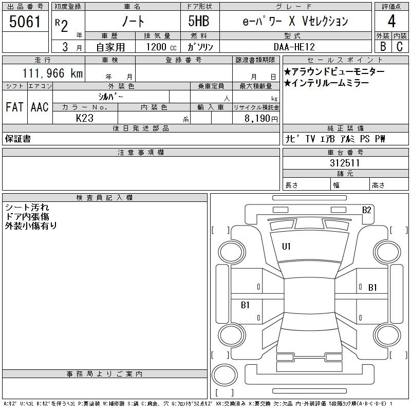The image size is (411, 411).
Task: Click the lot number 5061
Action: click(x=25, y=22)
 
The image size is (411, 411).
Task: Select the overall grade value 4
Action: click(x=391, y=21)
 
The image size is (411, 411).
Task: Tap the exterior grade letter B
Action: click(x=383, y=46)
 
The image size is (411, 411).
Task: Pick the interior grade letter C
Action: click(x=400, y=46)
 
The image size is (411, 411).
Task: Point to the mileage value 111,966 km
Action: click(x=52, y=73)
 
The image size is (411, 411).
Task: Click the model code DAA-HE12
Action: click(x=294, y=47)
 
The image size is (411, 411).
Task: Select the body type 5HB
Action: click(x=199, y=21)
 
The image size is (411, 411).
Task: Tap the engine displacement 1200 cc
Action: click(x=161, y=47)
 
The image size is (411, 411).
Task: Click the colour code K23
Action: click(x=85, y=118)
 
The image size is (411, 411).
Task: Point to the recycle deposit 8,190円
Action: click(x=261, y=119)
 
